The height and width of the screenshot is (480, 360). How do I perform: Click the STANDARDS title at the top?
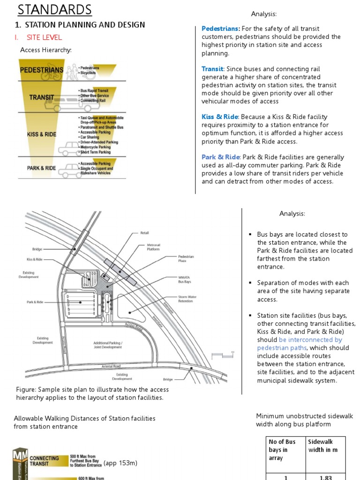click(x=55, y=9)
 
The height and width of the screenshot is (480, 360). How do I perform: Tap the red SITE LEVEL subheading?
click(x=44, y=37)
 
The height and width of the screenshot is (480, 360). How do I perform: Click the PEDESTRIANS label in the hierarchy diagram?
click(x=42, y=70)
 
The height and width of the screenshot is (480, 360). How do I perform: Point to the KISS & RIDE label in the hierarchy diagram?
click(x=42, y=134)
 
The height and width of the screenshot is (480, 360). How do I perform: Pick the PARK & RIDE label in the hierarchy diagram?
click(x=41, y=168)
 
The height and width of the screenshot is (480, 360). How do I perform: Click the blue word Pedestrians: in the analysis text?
click(x=221, y=29)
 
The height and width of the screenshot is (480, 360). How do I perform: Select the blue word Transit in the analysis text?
click(x=213, y=69)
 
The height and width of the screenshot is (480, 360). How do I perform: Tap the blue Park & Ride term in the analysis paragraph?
click(x=220, y=157)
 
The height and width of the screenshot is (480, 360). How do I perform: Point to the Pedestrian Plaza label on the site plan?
click(x=186, y=259)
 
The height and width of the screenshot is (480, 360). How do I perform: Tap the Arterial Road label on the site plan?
click(x=111, y=366)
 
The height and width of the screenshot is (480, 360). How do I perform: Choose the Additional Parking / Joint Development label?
click(x=107, y=345)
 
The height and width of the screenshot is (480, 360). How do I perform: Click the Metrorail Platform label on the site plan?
click(x=153, y=247)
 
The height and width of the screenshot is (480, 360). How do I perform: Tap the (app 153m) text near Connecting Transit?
click(x=120, y=463)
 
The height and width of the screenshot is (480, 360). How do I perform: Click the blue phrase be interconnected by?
click(x=310, y=339)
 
